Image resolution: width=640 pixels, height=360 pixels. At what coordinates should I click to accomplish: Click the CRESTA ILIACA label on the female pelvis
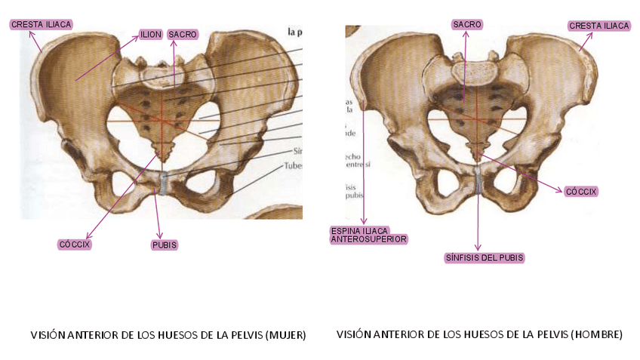(42, 25)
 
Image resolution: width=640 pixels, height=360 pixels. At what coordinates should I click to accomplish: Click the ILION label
(150, 35)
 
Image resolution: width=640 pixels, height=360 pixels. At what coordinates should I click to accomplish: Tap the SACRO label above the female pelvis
(183, 35)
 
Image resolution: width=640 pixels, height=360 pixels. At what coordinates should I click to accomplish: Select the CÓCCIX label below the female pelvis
(75, 245)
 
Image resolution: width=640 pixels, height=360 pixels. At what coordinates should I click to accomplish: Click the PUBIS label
(165, 245)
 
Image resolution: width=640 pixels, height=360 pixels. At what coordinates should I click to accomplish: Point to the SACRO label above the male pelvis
(468, 25)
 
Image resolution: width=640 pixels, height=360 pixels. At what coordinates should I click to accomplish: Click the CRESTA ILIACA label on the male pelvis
(599, 26)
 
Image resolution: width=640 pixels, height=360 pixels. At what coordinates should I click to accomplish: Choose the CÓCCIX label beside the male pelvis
(581, 192)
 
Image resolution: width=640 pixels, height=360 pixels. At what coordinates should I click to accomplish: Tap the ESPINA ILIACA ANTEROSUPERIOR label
(369, 235)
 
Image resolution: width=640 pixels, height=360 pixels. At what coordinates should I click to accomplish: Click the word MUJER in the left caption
(284, 334)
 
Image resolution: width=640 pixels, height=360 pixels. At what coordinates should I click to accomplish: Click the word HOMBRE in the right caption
(596, 334)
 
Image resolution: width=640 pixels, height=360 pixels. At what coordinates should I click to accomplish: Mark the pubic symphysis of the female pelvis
(163, 183)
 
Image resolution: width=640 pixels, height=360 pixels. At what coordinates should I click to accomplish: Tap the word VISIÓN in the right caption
(353, 334)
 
